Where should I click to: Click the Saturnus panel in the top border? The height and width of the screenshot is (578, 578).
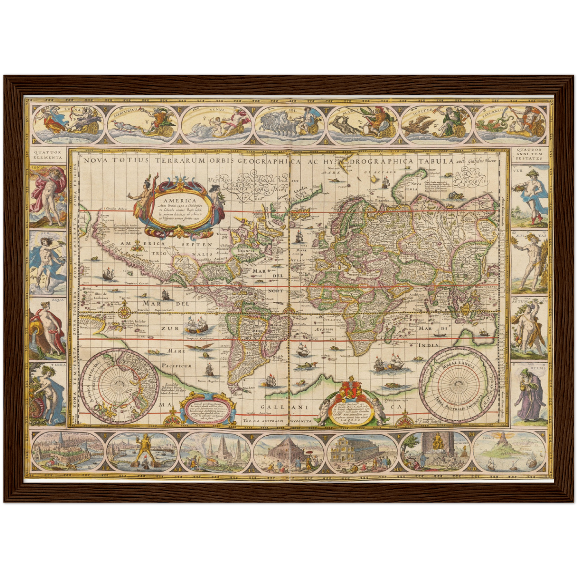(510, 123)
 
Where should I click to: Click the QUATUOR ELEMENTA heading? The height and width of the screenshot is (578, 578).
(48, 155)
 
